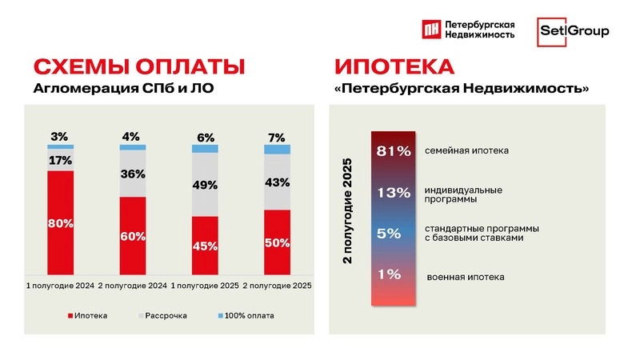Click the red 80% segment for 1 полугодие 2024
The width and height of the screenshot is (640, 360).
[x=61, y=222]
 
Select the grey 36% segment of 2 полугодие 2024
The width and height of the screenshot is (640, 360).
[x=133, y=174]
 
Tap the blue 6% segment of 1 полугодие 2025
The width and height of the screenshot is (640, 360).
[x=206, y=149]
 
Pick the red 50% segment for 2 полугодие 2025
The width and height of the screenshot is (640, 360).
[x=278, y=242]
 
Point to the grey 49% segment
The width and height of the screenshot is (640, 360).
[x=206, y=185]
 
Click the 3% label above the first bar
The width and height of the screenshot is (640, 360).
[x=60, y=136]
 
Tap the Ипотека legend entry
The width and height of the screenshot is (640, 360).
[x=89, y=315]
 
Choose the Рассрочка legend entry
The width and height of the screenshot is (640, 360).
[x=165, y=315]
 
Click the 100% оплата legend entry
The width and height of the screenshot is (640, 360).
[x=245, y=315]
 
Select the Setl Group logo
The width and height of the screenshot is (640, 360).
[x=573, y=31]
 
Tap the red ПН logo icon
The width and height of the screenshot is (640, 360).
[x=432, y=30]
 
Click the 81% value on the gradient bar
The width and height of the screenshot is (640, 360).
[x=394, y=150]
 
